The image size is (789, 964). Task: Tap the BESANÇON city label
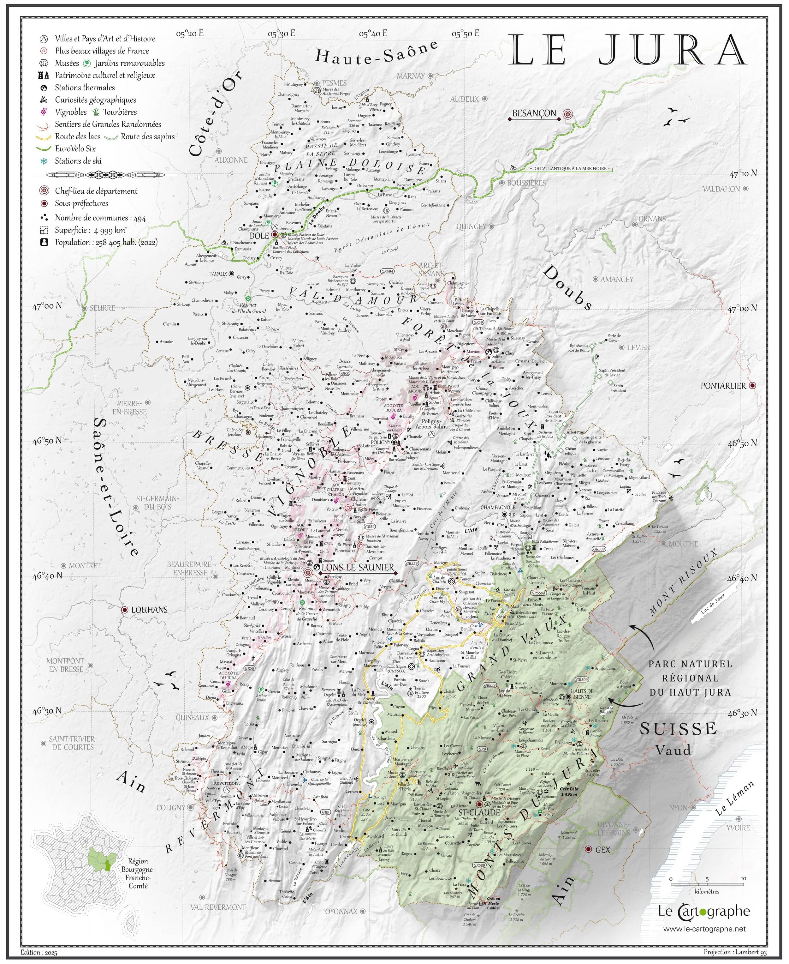click(x=534, y=113)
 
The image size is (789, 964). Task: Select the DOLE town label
click(x=259, y=236)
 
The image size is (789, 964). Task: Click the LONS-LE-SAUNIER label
click(x=358, y=567)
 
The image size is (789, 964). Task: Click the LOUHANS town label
click(x=149, y=610)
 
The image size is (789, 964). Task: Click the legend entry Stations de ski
click(x=78, y=160)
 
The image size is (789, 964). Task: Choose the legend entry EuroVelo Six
click(x=75, y=148)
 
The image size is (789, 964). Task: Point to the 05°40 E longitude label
click(x=373, y=33)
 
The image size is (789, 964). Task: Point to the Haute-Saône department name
click(x=376, y=54)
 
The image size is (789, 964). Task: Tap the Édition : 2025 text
click(x=39, y=952)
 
